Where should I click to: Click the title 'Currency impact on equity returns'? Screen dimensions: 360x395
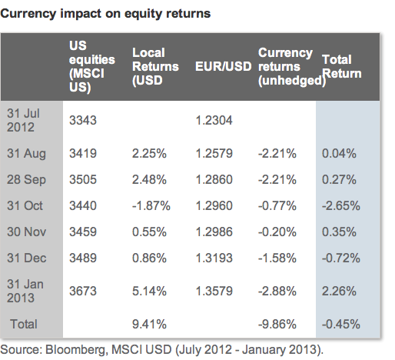[107, 14]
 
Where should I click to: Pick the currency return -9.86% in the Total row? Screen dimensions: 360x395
[277, 324]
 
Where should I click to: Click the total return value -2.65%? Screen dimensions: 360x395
[339, 205]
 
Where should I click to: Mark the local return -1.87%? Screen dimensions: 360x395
[151, 205]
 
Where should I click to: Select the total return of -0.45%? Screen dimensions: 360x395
[339, 324]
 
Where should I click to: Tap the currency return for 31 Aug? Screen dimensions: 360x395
[277, 153]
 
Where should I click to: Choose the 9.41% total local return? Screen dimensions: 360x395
[149, 324]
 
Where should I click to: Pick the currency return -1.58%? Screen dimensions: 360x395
[277, 258]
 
